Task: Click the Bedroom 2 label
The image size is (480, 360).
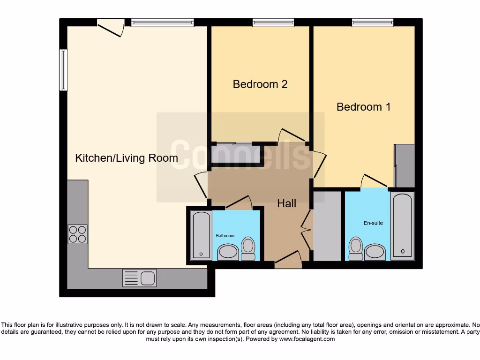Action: tap(260, 84)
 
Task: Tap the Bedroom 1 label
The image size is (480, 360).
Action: tap(363, 107)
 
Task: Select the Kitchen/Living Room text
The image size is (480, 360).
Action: tap(127, 158)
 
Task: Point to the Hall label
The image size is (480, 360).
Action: tap(286, 203)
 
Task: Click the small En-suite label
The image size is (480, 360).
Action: tap(373, 223)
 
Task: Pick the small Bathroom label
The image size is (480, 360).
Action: tap(225, 235)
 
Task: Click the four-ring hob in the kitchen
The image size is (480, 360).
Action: tap(78, 234)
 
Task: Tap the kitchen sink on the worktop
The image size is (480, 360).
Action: tap(140, 278)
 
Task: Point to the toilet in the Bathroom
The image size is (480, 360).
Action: tap(248, 248)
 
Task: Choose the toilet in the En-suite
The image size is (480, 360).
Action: tap(356, 248)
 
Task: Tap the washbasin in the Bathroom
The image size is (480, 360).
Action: tap(228, 252)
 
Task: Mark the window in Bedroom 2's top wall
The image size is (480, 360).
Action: tap(273, 22)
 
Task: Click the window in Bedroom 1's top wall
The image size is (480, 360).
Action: tap(373, 22)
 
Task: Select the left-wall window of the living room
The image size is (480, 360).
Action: tap(63, 70)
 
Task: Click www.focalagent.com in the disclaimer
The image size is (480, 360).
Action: tap(307, 339)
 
